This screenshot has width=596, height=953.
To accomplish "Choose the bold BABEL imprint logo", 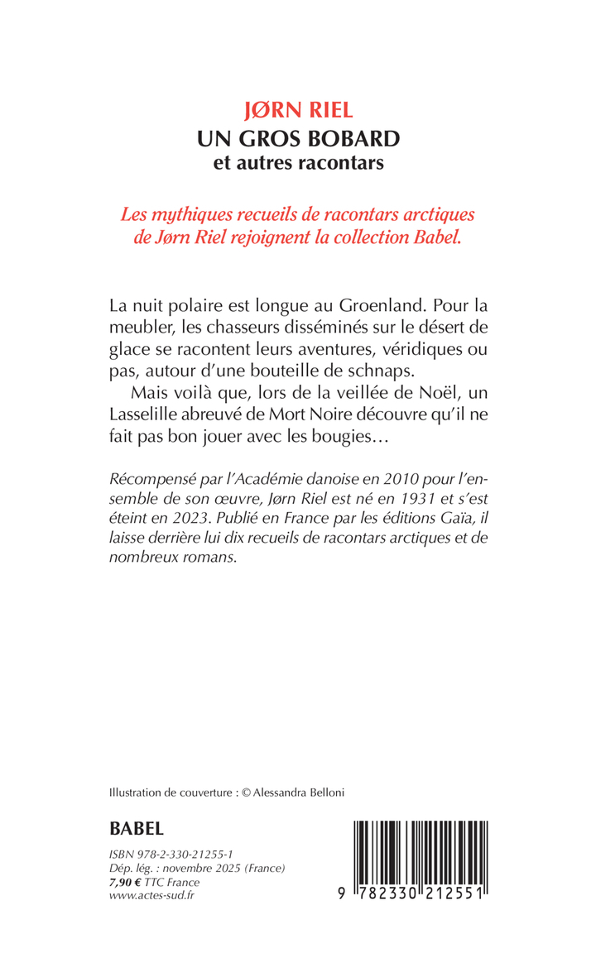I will pyautogui.click(x=137, y=828).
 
